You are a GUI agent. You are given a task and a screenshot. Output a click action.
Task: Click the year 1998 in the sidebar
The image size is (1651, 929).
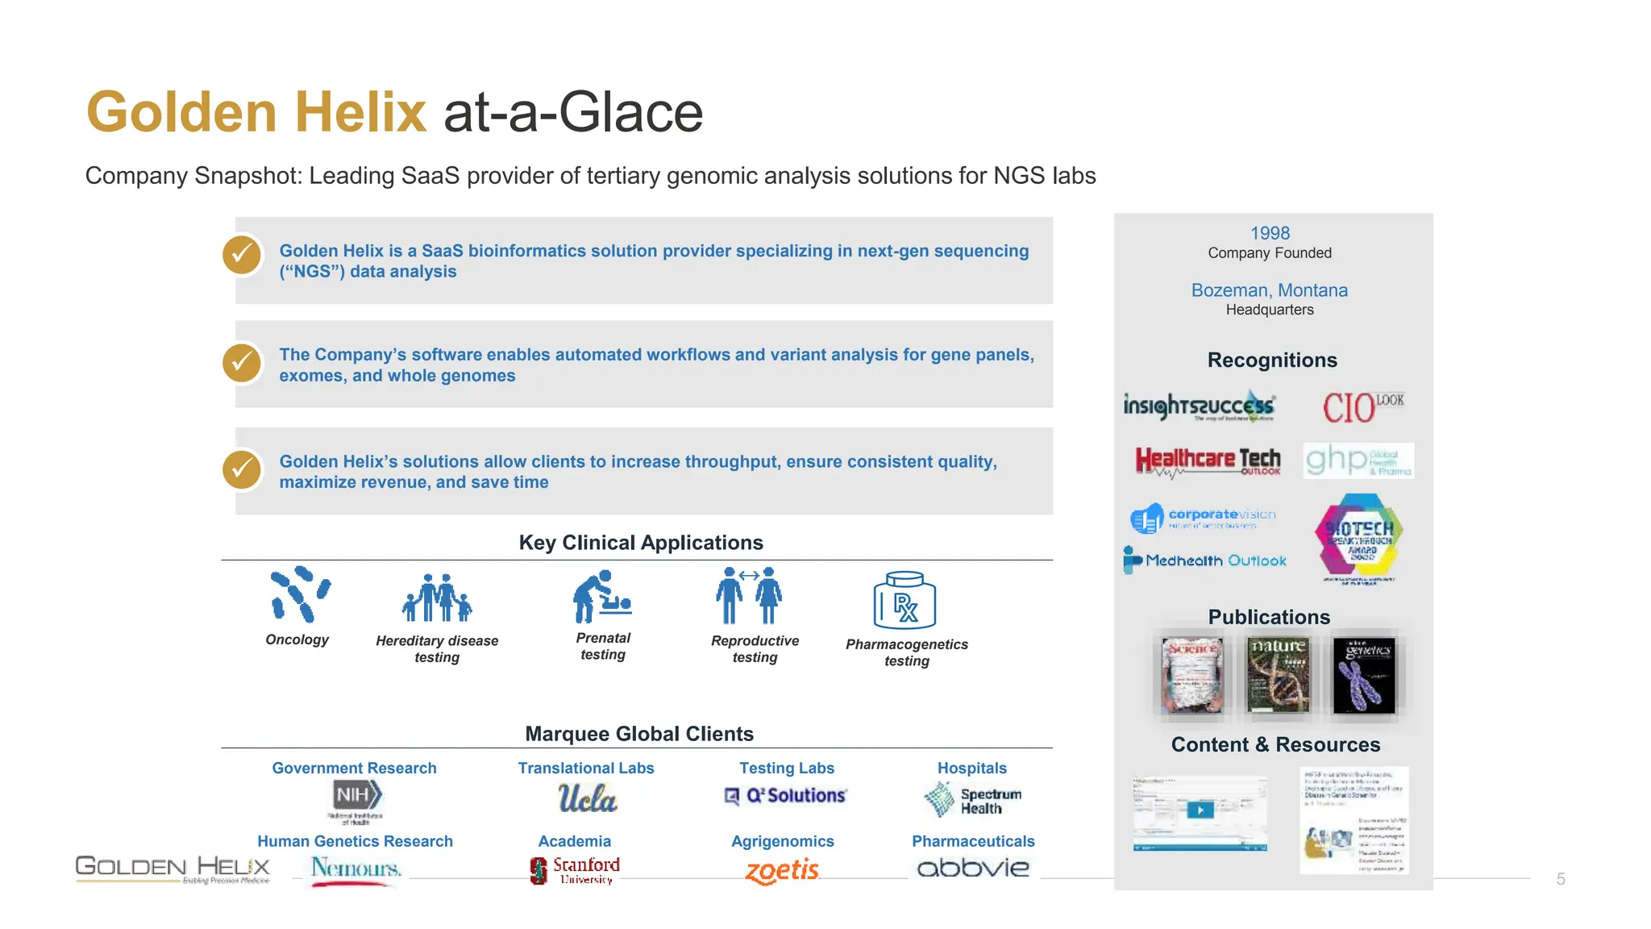coord(1270,233)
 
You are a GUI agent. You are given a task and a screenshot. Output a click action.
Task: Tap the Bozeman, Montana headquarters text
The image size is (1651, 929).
coord(1269,290)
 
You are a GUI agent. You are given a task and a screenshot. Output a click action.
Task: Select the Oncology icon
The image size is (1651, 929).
coord(299,594)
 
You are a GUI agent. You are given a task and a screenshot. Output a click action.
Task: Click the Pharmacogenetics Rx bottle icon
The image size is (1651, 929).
coord(905,600)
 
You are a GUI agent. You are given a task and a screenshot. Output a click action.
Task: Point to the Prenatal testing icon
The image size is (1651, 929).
coord(601,597)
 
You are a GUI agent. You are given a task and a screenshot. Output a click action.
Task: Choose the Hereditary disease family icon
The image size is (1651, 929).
coord(436,598)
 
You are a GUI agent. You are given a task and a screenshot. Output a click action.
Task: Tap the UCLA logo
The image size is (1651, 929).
coord(587,798)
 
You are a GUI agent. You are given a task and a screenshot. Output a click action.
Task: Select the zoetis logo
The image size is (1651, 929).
coord(782,871)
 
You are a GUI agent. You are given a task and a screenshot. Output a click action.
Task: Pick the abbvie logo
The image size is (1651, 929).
coord(973,869)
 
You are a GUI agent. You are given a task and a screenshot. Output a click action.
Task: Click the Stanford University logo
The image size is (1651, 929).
coord(576,870)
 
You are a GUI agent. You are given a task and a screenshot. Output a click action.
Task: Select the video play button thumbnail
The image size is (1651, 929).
coord(1200,810)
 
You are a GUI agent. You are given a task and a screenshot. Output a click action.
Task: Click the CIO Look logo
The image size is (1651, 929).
coord(1362,406)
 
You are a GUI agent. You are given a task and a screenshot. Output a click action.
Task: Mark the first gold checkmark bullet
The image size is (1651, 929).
coord(242,255)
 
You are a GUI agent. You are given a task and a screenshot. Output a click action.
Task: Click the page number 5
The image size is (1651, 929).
coord(1561,879)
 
